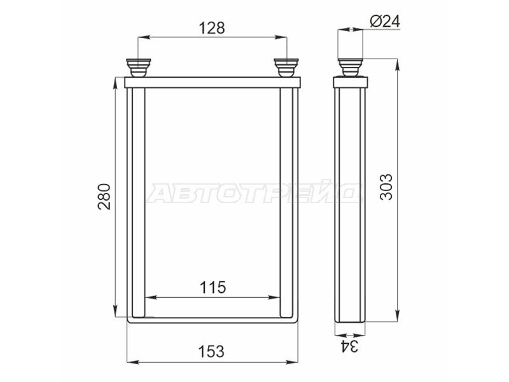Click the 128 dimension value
212,28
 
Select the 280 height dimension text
104,197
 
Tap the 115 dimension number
213,288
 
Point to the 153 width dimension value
211,351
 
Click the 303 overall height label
386,187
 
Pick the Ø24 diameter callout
385,22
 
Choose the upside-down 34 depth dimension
349,346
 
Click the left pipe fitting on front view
138,68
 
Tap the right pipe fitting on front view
286,68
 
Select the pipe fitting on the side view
351,67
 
